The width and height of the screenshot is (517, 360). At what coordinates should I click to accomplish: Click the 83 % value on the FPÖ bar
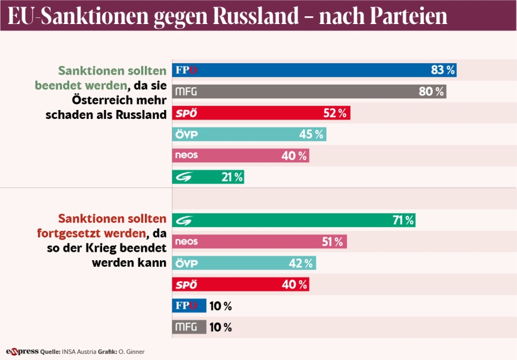(442, 70)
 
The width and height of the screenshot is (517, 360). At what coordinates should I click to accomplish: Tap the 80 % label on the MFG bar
(432, 92)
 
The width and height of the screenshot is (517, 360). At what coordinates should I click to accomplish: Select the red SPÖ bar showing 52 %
(261, 113)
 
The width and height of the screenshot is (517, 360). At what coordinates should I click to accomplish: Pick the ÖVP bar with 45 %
(249, 134)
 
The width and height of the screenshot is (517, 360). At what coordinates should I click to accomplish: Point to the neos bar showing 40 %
(240, 156)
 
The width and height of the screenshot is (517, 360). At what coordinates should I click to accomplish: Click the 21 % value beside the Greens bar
(231, 177)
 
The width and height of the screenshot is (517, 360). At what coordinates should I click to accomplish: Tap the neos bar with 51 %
(259, 242)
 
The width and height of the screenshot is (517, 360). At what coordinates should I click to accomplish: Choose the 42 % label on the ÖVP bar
(301, 263)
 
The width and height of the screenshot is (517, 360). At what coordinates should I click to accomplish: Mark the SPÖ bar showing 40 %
(240, 284)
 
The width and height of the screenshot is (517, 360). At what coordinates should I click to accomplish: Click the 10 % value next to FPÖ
(220, 306)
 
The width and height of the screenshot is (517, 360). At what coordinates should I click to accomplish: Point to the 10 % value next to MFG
(220, 328)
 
